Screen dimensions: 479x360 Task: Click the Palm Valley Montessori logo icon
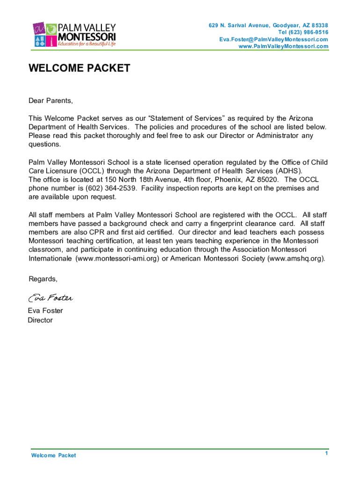click(x=44, y=34)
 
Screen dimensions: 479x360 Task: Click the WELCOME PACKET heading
click(x=79, y=69)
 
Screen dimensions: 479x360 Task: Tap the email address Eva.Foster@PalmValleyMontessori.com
click(x=274, y=39)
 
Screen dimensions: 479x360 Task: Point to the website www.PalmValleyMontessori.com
click(x=283, y=46)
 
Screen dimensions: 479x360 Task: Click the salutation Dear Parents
click(x=51, y=101)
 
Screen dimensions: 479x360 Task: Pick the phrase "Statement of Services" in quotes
click(x=186, y=118)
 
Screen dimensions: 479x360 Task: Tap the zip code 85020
click(x=268, y=180)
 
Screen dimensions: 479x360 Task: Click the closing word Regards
click(x=43, y=279)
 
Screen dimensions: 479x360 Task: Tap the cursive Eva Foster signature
click(x=50, y=298)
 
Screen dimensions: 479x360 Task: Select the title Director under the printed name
click(x=40, y=320)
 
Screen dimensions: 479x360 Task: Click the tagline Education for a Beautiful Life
click(x=86, y=44)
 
